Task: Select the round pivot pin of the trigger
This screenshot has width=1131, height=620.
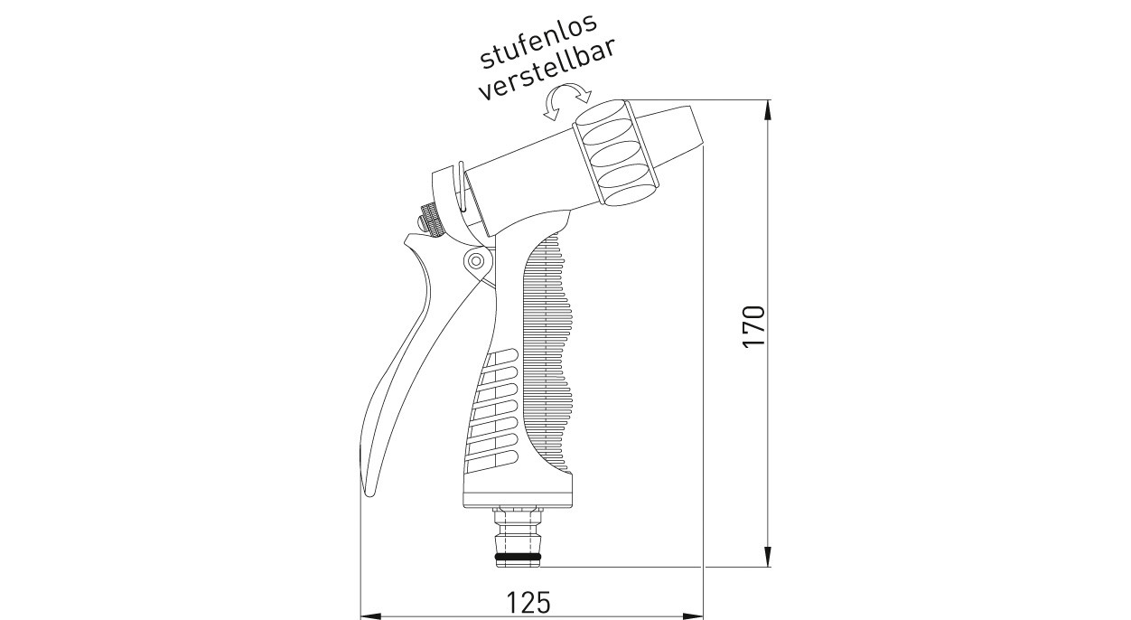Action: point(473,261)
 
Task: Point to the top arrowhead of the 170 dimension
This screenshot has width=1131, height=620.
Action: point(768,108)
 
